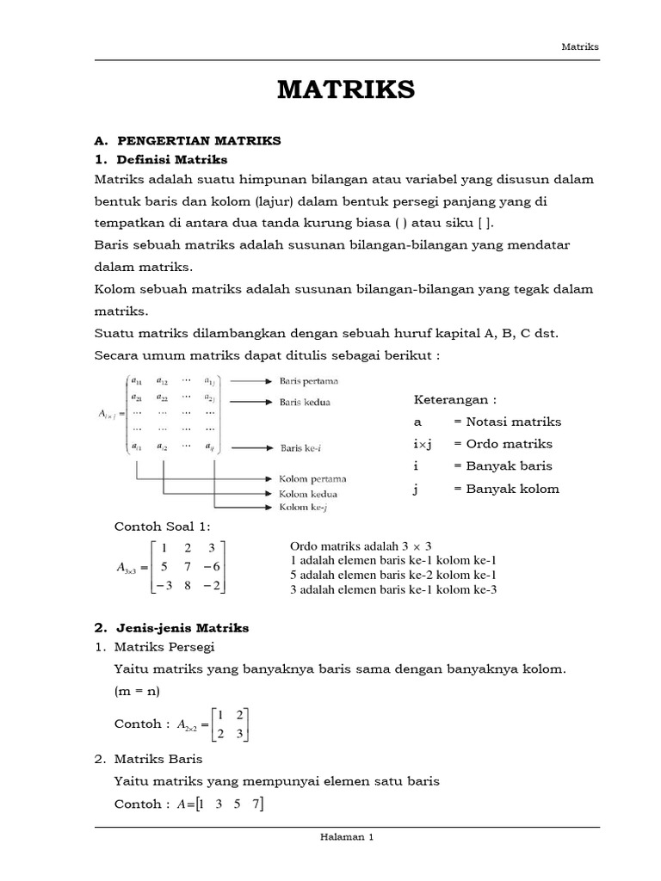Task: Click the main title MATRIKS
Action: pyautogui.click(x=346, y=89)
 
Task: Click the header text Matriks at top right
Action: pyautogui.click(x=579, y=46)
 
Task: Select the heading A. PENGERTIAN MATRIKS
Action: pyautogui.click(x=188, y=139)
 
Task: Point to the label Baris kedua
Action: pyautogui.click(x=305, y=401)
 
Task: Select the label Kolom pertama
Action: pyautogui.click(x=311, y=479)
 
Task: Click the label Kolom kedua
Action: pyautogui.click(x=307, y=494)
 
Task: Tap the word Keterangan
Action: pyautogui.click(x=454, y=399)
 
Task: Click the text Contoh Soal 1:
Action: pyautogui.click(x=162, y=527)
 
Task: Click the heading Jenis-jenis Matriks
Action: pyautogui.click(x=182, y=628)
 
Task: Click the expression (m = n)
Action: pyautogui.click(x=136, y=692)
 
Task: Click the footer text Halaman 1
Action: pyautogui.click(x=346, y=835)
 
